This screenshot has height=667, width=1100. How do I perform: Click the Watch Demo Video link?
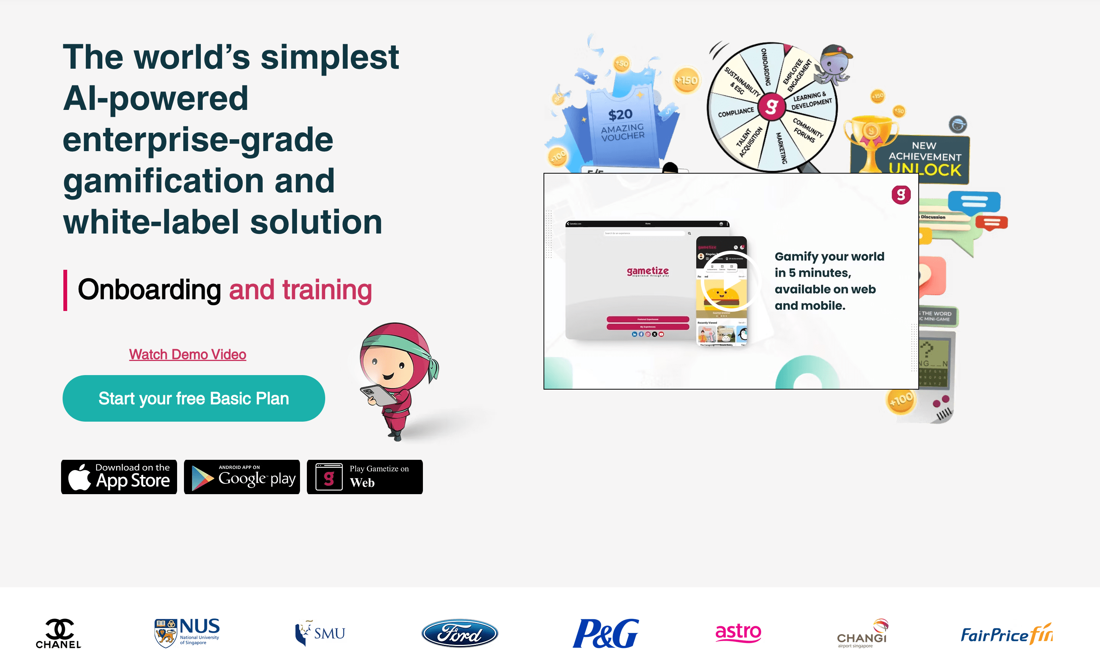click(187, 354)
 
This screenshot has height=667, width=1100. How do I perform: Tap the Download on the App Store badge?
click(119, 477)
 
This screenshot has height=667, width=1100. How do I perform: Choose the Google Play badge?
click(242, 477)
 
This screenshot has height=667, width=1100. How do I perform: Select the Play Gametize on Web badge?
click(365, 477)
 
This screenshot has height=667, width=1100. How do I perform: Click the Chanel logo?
click(58, 633)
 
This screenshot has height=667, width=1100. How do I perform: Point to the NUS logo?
click(187, 632)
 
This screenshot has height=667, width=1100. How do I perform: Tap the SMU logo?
click(320, 633)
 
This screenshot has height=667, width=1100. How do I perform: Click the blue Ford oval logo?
click(460, 633)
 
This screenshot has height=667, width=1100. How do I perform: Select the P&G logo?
click(606, 633)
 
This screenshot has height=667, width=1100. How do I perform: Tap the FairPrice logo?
click(1006, 634)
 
